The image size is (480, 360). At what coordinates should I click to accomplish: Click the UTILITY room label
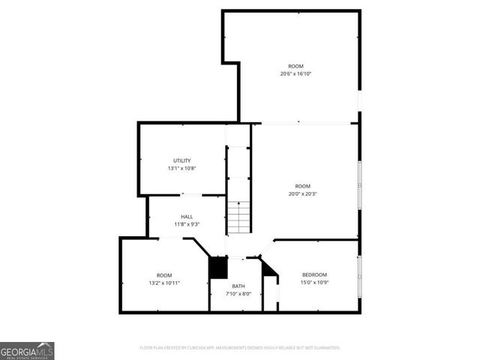182,160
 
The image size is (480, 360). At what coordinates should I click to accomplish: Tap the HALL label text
186,217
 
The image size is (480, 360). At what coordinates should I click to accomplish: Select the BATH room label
238,286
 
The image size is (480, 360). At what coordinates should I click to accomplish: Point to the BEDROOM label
314,274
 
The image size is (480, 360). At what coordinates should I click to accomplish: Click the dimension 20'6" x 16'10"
296,73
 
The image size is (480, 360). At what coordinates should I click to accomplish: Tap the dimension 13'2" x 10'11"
164,283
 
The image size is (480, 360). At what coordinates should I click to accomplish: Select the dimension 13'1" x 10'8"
182,168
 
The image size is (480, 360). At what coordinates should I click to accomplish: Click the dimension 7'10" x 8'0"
238,293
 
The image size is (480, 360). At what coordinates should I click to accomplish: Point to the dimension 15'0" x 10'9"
314,282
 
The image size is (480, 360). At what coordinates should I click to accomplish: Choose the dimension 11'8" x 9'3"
186,224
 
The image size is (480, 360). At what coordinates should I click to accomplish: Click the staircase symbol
238,217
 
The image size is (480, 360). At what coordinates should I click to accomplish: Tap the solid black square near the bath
217,268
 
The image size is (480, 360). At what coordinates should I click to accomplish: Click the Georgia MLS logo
27,350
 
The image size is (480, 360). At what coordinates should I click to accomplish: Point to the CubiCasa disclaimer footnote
240,348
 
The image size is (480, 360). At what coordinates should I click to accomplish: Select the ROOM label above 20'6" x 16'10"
296,66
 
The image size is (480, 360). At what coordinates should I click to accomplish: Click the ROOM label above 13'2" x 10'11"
164,275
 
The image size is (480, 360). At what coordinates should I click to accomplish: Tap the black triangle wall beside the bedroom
270,267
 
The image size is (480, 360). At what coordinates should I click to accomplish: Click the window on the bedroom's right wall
359,275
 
